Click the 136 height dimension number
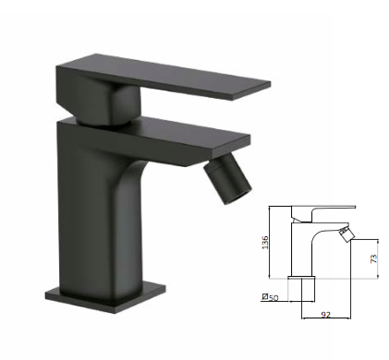(x=265, y=243)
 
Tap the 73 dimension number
(x=373, y=258)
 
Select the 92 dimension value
(x=325, y=315)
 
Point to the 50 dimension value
(x=274, y=297)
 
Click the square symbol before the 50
(x=264, y=297)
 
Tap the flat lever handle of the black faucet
(x=164, y=78)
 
